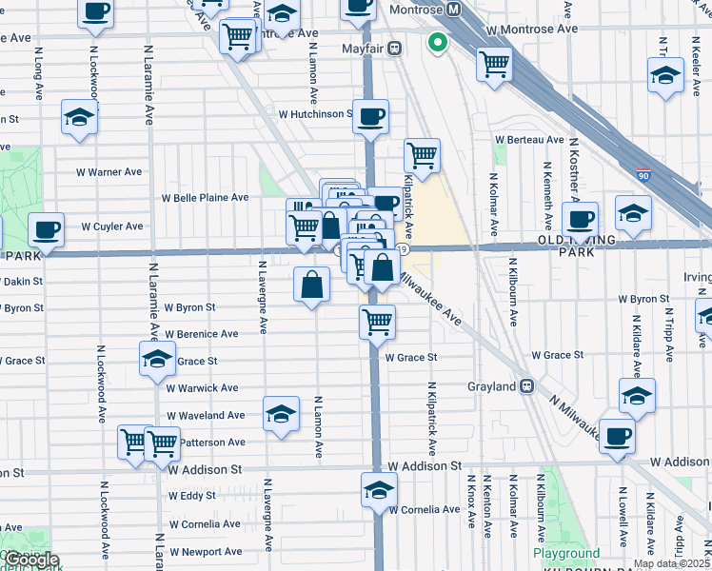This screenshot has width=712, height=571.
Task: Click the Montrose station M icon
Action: [454, 9]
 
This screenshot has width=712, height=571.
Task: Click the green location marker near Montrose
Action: [438, 42]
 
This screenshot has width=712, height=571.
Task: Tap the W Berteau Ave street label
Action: [529, 140]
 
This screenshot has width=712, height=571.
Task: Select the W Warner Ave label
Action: [109, 172]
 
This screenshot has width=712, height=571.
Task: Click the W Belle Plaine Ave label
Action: [205, 198]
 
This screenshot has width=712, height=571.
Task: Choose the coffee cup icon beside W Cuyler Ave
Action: [46, 229]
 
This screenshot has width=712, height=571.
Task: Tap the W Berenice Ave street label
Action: [201, 334]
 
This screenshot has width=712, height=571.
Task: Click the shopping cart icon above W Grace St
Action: [378, 322]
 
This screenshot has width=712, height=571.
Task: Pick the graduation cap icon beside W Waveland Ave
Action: [281, 414]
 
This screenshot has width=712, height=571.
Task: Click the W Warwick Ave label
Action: [202, 388]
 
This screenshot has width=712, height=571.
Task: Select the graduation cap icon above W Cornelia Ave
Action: [379, 491]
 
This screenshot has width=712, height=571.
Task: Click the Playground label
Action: [566, 553]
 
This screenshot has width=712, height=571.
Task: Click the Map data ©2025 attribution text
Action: [671, 563]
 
